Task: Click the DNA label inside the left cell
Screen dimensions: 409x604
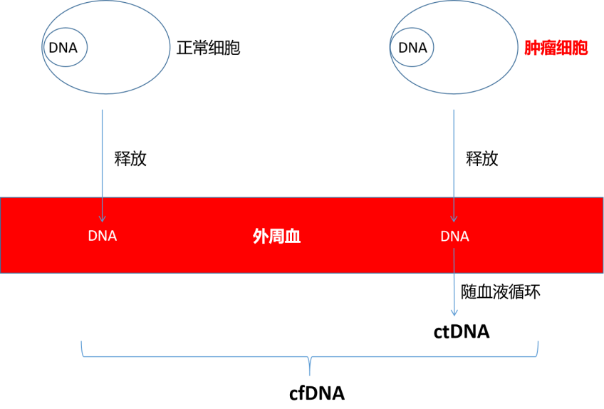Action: pos(63,48)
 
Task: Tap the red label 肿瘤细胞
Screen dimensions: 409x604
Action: pos(556,48)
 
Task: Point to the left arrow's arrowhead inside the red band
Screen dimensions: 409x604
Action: pos(103,219)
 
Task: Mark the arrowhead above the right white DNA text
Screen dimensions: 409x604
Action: pos(454,219)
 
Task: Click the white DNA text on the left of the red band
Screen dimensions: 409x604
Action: pos(103,236)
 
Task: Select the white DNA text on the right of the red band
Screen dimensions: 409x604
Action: pos(454,236)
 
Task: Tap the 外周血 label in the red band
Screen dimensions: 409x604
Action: pos(276,236)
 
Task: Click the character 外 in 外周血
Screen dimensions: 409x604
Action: pos(261,236)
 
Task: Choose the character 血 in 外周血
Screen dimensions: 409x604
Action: pos(293,236)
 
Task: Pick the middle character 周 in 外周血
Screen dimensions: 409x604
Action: pos(276,236)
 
